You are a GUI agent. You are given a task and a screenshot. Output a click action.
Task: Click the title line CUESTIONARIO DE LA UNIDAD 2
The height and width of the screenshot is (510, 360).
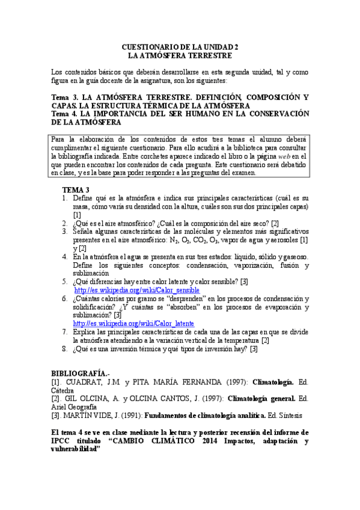tap(180, 46)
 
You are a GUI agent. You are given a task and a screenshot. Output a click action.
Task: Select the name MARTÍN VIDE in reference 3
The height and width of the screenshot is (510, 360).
tap(85, 415)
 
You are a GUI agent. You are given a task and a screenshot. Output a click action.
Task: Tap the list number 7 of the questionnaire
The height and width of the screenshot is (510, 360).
tap(65, 331)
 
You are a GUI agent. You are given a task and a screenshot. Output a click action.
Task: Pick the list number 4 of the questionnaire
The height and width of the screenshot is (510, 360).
tap(65, 256)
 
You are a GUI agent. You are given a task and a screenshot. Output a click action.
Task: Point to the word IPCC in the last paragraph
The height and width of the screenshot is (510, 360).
tap(61, 441)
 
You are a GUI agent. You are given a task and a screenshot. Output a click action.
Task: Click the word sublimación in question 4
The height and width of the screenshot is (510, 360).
tap(91, 272)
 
